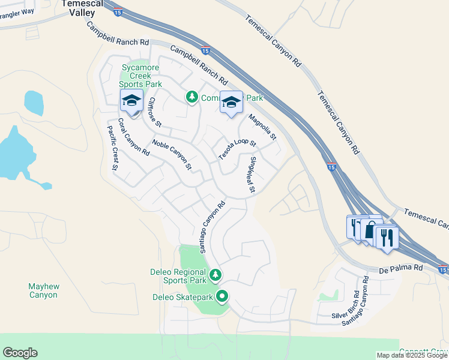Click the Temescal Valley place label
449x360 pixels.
click(79, 7)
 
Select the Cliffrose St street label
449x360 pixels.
click(155, 112)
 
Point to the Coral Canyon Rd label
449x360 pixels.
click(133, 137)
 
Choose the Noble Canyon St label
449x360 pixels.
click(172, 154)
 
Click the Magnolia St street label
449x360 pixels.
click(262, 127)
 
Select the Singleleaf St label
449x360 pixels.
click(253, 175)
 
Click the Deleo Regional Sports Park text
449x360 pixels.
click(178, 276)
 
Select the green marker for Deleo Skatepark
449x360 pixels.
click(222, 296)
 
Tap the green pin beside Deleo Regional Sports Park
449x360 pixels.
click(215, 275)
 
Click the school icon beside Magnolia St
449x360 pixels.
click(231, 103)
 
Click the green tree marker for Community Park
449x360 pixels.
click(191, 97)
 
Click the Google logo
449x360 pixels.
click(20, 353)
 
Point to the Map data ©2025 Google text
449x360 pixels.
click(412, 355)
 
